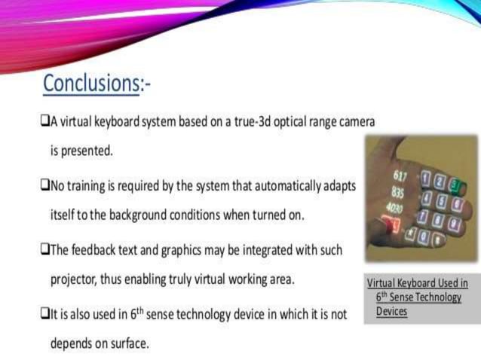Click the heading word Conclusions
[90, 83]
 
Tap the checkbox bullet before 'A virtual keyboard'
[45, 121]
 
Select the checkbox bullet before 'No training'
[45, 185]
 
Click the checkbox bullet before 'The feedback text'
[45, 249]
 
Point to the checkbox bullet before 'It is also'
[45, 314]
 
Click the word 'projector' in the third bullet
[75, 281]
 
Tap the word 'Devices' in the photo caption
[391, 311]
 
